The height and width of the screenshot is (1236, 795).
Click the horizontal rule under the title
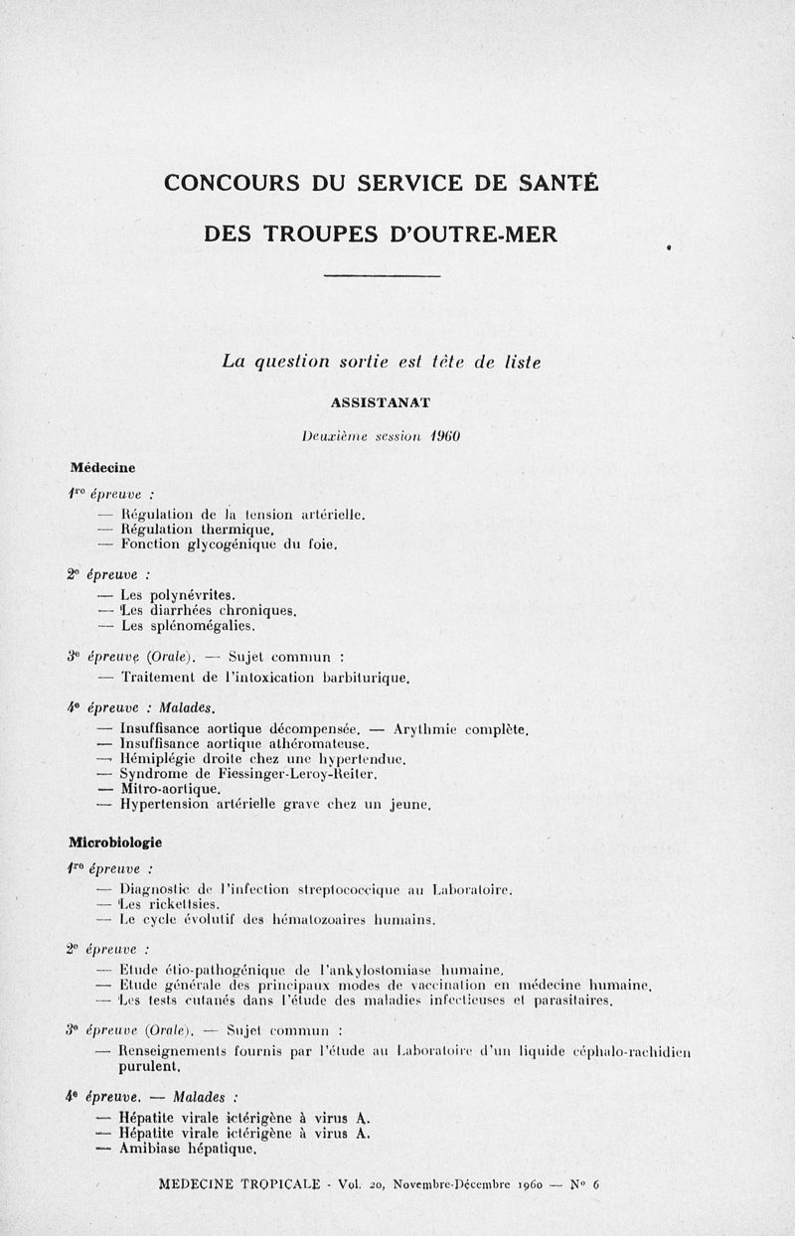pos(383,275)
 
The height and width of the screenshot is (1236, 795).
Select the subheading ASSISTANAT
pos(382,402)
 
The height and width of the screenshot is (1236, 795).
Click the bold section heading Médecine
pos(102,466)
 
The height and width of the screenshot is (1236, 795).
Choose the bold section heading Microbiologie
pos(115,842)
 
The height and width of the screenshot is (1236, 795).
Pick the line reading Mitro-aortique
pos(169,788)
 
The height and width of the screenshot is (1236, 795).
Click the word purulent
pos(150,1067)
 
